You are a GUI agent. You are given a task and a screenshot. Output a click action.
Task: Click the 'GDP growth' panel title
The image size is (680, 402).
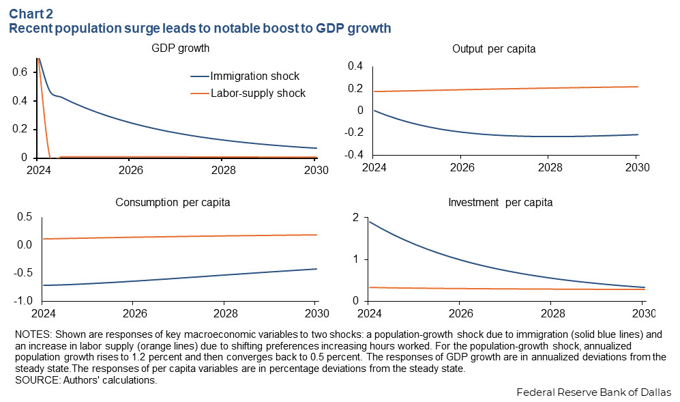(x=180, y=48)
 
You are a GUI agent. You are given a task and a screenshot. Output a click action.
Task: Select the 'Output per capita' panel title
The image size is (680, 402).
(x=493, y=49)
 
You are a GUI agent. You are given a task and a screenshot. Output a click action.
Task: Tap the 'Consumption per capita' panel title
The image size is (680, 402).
(x=173, y=203)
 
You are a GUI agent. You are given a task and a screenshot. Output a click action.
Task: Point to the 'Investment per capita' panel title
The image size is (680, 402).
(x=500, y=203)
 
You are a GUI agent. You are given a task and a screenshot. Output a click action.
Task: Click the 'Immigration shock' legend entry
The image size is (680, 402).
(x=254, y=76)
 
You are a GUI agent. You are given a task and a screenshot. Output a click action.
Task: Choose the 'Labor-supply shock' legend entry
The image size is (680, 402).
(x=258, y=93)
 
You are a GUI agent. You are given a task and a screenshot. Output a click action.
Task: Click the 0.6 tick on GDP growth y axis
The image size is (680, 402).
(x=20, y=72)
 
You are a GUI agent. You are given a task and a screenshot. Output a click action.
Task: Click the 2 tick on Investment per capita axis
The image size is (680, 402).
(x=355, y=218)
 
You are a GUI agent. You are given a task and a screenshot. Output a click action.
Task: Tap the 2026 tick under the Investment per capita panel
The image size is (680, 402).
(x=460, y=313)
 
